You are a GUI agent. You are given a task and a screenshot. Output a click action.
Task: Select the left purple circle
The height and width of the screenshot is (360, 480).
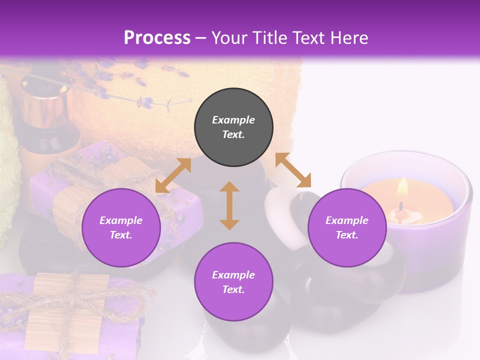121,250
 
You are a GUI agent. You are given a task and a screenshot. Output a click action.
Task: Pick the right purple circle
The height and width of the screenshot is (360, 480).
347,250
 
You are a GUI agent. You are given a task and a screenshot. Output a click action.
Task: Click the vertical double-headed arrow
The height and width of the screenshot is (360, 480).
229,205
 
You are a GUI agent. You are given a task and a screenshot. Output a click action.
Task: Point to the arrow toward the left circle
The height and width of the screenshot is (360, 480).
173,175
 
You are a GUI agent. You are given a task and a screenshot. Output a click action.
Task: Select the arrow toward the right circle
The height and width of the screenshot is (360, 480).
293,170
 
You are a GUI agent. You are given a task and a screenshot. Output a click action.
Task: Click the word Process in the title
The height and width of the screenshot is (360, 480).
157,37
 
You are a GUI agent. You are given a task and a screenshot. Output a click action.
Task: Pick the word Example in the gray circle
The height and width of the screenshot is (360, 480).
233,120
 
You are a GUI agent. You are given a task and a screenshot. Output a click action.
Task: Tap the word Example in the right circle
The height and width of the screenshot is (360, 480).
347,220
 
